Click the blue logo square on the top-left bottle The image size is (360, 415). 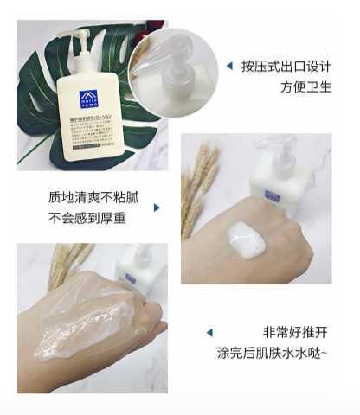[88, 98]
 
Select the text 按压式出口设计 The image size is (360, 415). [286, 66]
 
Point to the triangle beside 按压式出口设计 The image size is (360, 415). [229, 66]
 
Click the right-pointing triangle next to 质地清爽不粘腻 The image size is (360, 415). [157, 207]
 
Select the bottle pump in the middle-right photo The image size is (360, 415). [283, 152]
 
